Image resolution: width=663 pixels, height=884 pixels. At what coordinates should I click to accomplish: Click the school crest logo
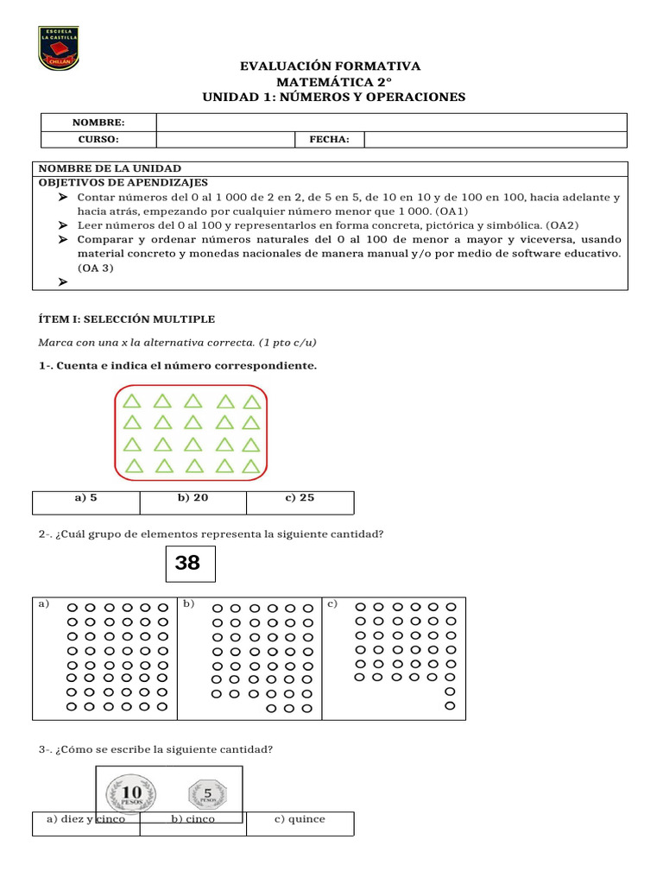tap(59, 48)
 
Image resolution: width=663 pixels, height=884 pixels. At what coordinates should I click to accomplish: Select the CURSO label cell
tap(98, 140)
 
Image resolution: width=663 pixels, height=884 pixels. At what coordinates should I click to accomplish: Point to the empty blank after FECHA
tap(495, 140)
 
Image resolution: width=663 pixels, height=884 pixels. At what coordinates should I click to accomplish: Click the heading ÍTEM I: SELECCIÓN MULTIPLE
tap(127, 319)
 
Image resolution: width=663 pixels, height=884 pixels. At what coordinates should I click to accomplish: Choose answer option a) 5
tap(86, 498)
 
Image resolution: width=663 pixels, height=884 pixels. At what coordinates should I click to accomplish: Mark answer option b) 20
tap(193, 498)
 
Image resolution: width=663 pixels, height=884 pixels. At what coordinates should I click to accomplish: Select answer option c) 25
tap(300, 498)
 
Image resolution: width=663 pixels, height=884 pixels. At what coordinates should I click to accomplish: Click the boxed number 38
tap(188, 564)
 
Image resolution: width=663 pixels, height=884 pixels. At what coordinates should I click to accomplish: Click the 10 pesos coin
tap(133, 792)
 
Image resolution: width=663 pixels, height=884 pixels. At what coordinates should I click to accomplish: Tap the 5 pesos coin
tap(207, 792)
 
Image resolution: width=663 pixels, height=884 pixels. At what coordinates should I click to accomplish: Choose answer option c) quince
tap(300, 819)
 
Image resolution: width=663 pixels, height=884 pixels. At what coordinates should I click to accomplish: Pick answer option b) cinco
tap(193, 819)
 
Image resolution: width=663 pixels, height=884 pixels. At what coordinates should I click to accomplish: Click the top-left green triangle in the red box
tap(131, 401)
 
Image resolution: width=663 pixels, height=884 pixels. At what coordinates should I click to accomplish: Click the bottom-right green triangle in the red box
tap(251, 466)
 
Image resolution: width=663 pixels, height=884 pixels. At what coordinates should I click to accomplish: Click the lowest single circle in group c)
tap(449, 706)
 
